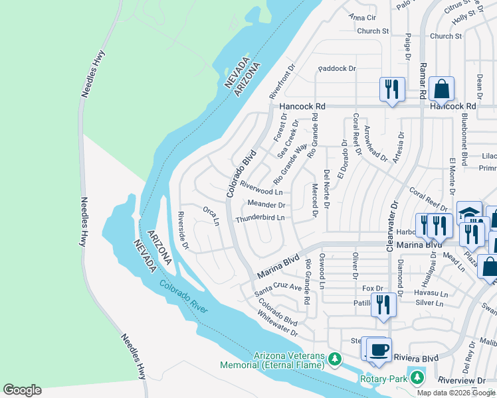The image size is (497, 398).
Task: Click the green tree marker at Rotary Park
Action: (417, 377)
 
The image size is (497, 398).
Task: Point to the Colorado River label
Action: (183, 297)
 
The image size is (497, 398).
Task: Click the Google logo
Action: (22, 389)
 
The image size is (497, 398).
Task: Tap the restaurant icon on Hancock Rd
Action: (391, 88)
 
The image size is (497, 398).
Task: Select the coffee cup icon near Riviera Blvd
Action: (379, 349)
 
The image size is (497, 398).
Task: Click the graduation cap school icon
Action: (469, 212)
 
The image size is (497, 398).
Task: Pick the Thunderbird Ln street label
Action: (260, 218)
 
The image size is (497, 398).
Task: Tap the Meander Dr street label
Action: (266, 205)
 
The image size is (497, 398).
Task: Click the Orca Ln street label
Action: (211, 216)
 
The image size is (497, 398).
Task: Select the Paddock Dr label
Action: (337, 68)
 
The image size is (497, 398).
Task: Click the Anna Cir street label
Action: (362, 17)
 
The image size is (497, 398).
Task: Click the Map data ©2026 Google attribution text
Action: (455, 392)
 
